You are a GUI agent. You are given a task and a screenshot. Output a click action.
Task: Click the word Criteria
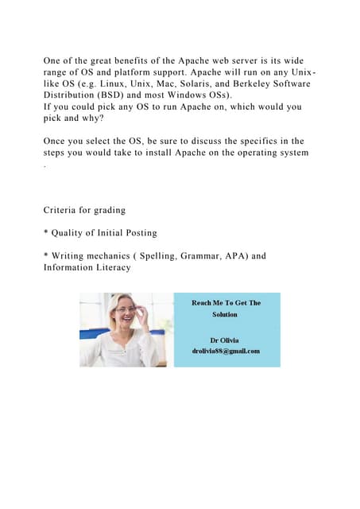(63, 210)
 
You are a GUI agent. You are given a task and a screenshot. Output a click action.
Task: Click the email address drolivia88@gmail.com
(226, 351)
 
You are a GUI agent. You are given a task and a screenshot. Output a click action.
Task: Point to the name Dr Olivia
(226, 340)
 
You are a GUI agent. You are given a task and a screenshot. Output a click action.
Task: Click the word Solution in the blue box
(226, 314)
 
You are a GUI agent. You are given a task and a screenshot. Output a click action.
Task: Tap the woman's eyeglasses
(126, 310)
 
